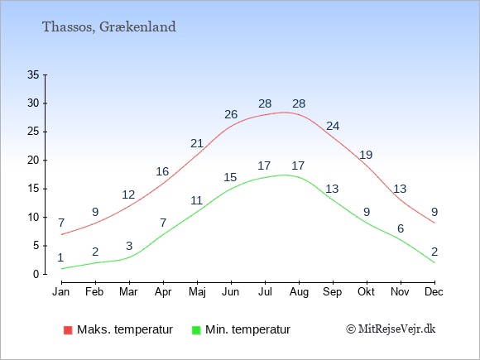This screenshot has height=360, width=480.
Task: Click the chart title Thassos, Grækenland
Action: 109,27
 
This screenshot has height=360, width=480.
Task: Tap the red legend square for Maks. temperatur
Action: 68,330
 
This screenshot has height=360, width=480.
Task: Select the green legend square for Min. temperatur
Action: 196,330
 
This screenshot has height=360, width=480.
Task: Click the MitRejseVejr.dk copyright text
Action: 391,329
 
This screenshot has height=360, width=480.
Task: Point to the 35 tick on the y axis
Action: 33,74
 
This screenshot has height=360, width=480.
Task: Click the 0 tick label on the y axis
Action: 36,274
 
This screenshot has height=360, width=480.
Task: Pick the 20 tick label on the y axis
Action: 33,160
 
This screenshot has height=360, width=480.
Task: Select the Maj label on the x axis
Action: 197,292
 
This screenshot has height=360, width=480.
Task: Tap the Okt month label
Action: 366,292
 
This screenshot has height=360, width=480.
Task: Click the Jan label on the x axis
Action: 61,292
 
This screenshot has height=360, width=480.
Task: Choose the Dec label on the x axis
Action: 434,292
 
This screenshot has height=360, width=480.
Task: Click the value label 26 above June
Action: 231,114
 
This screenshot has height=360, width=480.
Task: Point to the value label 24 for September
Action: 333,126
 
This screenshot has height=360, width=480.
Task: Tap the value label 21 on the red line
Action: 197,143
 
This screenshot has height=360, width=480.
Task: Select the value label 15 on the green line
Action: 230,177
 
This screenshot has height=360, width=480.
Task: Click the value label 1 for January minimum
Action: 60,257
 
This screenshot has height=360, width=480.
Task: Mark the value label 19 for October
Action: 366,155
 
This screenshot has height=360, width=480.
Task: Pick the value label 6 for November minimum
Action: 401,228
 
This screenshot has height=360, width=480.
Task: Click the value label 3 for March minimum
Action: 129,246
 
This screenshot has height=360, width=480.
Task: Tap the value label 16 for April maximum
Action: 162,171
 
